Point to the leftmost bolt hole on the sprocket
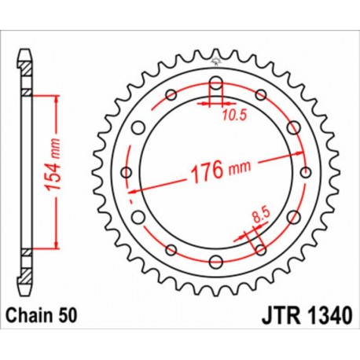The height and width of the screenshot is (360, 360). (x=126, y=173)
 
